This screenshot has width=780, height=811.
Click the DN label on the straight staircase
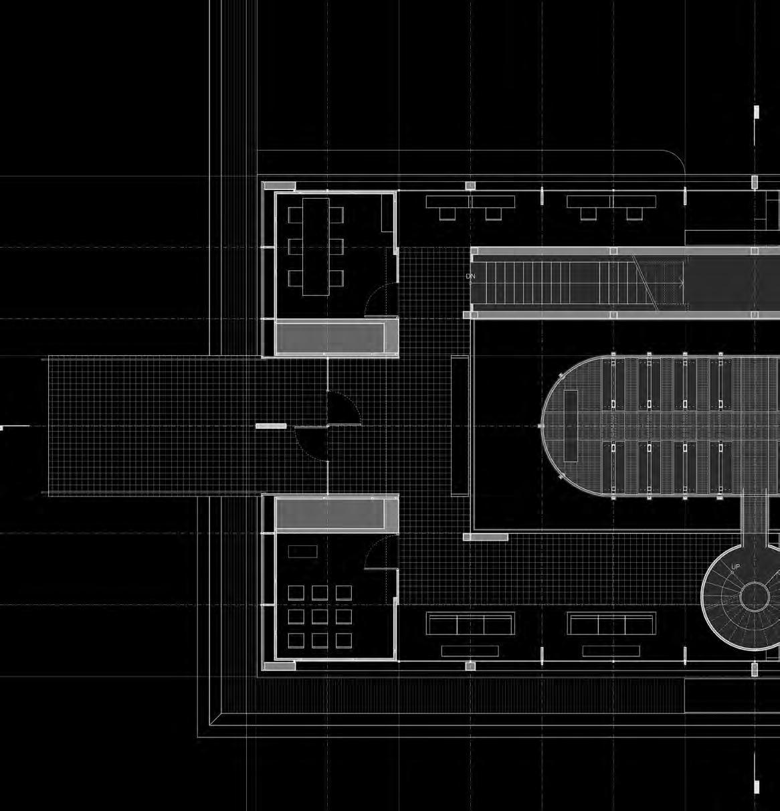pyautogui.click(x=471, y=276)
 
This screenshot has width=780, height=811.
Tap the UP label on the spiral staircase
pyautogui.click(x=736, y=567)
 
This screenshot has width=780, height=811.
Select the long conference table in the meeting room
pyautogui.click(x=316, y=246)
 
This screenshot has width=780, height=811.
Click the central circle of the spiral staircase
pyautogui.click(x=755, y=596)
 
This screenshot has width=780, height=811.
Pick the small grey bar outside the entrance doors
pyautogui.click(x=271, y=426)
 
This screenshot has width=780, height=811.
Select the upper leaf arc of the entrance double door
pyautogui.click(x=344, y=408)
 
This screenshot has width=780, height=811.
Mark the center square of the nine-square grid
pyautogui.click(x=320, y=616)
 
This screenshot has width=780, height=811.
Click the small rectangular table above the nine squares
pyautogui.click(x=302, y=552)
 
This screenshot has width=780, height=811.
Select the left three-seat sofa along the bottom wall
pyautogui.click(x=470, y=624)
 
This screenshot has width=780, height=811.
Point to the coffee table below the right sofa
pyautogui.click(x=611, y=651)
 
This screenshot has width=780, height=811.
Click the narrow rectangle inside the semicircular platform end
pyautogui.click(x=571, y=426)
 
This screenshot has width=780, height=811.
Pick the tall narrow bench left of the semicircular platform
pyautogui.click(x=460, y=426)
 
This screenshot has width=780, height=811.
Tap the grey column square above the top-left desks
pyautogui.click(x=470, y=185)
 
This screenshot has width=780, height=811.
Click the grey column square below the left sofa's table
pyautogui.click(x=470, y=666)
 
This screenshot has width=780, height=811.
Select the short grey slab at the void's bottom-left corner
pyautogui.click(x=486, y=537)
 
